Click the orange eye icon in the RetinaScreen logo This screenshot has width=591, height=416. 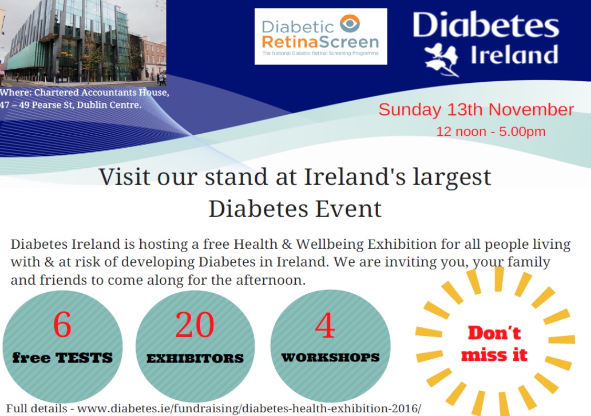350,23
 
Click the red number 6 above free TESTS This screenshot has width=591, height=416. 62,325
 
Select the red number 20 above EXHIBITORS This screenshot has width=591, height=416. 195,325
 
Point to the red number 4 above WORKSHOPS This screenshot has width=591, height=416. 325,325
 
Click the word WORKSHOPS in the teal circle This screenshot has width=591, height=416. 330,357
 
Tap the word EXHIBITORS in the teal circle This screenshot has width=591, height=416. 195,358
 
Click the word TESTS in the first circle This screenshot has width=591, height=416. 84,357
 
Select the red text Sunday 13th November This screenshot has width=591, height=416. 476,110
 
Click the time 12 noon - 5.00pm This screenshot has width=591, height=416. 491,132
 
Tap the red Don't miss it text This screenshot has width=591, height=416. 494,344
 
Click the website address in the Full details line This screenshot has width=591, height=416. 249,409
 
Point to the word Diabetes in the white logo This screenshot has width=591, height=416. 486,25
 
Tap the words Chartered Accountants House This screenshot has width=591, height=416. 101,93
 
